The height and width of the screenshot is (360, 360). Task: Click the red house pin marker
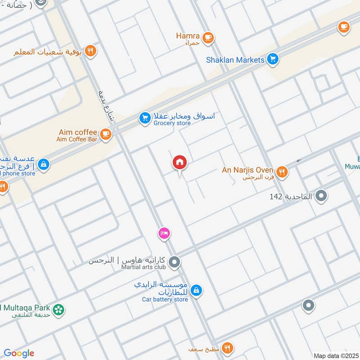pos(180,162)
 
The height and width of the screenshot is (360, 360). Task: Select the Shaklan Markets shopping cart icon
pos(272,59)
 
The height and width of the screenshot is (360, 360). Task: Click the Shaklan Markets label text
pos(235,60)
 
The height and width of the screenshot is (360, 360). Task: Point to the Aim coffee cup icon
pos(105,134)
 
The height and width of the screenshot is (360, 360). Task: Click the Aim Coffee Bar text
pos(76,139)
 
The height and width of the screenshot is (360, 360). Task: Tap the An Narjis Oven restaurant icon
pos(282,171)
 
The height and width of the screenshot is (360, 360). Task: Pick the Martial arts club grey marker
pos(174,261)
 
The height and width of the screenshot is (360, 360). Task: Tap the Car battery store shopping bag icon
pos(196,291)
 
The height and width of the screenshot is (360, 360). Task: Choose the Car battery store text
pos(165,299)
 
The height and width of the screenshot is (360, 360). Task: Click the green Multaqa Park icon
pos(58,310)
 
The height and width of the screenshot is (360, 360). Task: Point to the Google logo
pos(19,353)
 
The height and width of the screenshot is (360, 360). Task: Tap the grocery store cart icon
pos(144,118)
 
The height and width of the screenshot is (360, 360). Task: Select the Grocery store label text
pos(172,123)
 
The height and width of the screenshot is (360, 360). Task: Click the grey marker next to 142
pos(321,196)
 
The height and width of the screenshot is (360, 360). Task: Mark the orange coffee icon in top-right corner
pos(344,27)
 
